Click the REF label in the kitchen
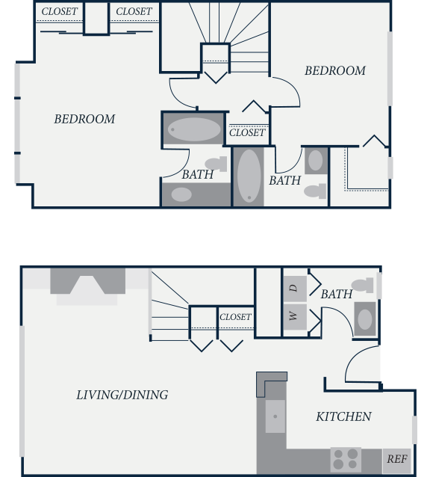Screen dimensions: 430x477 (397, 459)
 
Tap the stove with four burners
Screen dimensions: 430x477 (346, 459)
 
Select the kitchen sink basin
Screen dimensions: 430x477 (275, 416)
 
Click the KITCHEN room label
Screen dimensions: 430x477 (343, 416)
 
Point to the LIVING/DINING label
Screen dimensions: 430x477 (122, 395)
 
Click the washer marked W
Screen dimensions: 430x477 (295, 317)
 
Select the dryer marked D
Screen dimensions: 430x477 (295, 289)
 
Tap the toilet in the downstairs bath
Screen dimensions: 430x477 (362, 286)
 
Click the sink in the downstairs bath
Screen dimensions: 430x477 (365, 319)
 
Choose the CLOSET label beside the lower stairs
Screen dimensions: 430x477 (235, 317)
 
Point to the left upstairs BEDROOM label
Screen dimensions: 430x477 (84, 119)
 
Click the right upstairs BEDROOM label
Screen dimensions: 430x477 (335, 70)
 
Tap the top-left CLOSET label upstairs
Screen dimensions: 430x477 (60, 11)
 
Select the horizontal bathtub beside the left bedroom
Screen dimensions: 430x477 (193, 129)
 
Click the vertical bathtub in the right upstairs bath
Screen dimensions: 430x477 (249, 176)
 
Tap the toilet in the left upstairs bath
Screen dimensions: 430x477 (216, 164)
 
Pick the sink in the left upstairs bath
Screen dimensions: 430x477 (181, 194)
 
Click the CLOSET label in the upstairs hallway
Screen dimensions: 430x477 (247, 132)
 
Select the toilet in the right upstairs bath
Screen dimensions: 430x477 (315, 191)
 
